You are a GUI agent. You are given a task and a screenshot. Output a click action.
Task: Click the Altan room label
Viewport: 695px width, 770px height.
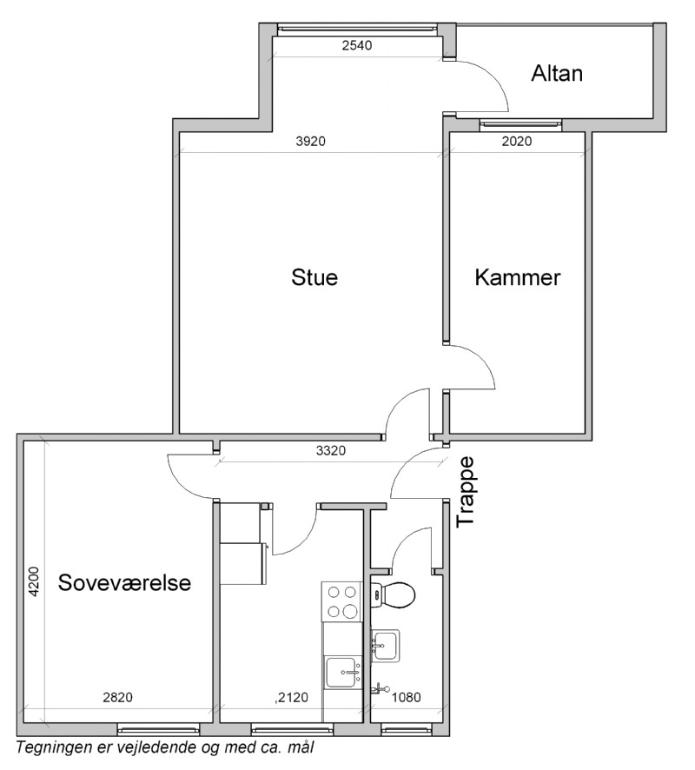click(557, 74)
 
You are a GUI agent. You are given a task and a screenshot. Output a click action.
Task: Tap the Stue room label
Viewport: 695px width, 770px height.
click(314, 277)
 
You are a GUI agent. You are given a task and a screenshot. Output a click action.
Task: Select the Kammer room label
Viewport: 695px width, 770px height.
click(517, 278)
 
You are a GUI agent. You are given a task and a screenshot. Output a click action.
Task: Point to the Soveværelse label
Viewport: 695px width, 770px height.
click(124, 583)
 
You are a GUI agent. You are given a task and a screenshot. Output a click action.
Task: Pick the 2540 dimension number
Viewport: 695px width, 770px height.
click(357, 46)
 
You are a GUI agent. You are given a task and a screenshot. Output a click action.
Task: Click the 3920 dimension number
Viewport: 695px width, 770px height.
click(311, 142)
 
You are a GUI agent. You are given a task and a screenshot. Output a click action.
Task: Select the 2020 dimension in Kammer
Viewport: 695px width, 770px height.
click(517, 142)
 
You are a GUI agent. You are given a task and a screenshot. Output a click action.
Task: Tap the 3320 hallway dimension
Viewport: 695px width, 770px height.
click(331, 451)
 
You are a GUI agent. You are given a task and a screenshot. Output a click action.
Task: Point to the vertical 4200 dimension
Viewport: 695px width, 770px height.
click(33, 582)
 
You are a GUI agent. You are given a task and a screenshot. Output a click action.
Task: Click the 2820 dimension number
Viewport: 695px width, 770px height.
click(118, 697)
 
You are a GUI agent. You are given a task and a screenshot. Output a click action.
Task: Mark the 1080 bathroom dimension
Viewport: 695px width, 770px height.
click(407, 697)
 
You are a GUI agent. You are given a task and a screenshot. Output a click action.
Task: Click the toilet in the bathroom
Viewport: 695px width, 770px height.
click(393, 594)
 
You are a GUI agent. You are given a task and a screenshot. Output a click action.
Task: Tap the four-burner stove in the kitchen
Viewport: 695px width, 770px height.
click(341, 601)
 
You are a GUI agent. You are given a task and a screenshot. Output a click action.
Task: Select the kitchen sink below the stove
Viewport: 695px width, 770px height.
click(343, 673)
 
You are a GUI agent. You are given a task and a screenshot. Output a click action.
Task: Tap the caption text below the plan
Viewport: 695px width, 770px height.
click(165, 748)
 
